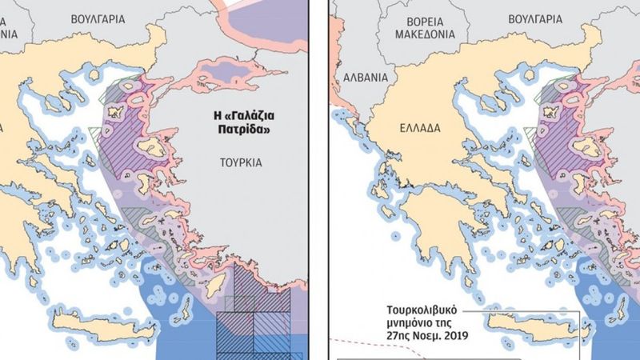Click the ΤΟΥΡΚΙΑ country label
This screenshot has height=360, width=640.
[240, 162]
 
